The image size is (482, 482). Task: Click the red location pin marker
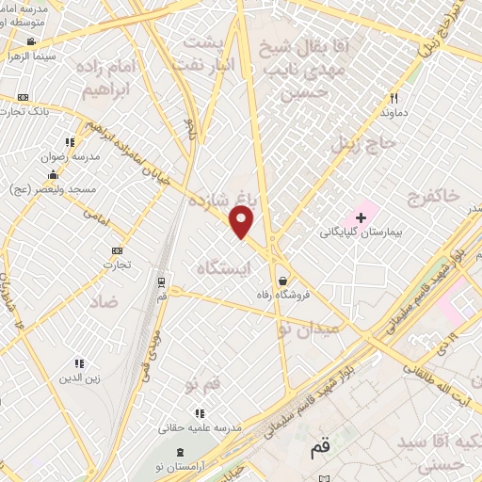[x=242, y=222]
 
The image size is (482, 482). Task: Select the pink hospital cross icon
[x=361, y=217]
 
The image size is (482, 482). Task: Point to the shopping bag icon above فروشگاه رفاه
[x=283, y=281]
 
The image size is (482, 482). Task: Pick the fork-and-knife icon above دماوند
[x=394, y=97]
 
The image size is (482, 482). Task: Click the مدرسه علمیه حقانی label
[x=199, y=427]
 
